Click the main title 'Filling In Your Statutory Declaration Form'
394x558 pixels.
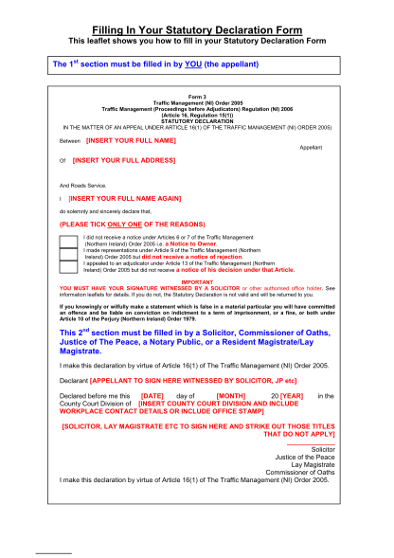[x=197, y=31]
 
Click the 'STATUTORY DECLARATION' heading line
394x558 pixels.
[x=197, y=120]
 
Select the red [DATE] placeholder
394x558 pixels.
[x=152, y=394]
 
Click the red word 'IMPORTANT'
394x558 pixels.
[x=197, y=281]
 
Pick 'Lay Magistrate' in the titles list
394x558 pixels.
[x=316, y=465]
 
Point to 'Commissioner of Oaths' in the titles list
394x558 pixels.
[x=304, y=473]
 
